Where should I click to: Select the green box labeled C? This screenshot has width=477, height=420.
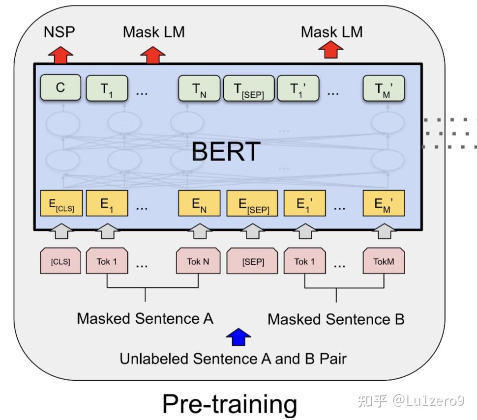pos(60,88)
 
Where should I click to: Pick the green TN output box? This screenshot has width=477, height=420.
pos(199,89)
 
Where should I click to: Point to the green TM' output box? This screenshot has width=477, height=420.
pos(384,89)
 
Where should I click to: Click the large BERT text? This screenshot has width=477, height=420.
pos(225,151)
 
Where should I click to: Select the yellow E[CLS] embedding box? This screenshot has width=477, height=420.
pos(60,204)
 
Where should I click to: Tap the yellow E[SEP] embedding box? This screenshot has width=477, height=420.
pos(252,204)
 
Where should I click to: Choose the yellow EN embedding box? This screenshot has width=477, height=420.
pos(199,204)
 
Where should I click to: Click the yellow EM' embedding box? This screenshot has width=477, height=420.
pos(384,204)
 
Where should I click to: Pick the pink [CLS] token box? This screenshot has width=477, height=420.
pos(60,261)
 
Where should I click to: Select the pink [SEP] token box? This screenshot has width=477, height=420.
pos(253,262)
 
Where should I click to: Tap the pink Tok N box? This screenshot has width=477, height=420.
pos(198,261)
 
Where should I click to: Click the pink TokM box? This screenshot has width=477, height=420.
pos(384,261)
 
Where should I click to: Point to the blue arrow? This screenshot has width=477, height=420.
pos(238,337)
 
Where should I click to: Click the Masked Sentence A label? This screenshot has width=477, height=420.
pos(145,318)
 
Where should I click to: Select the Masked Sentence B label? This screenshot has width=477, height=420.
pos(336,319)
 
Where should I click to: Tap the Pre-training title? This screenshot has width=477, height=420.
pos(230,404)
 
